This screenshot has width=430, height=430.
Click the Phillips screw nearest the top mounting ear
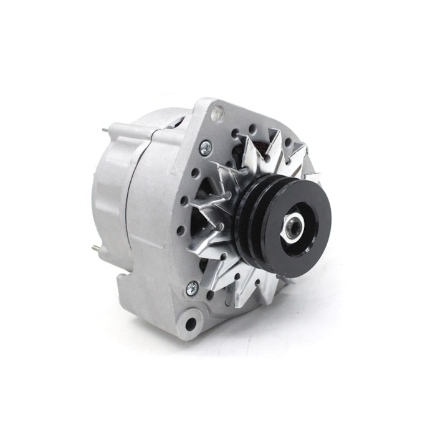(205, 148)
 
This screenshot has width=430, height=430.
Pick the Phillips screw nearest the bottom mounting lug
(192, 288)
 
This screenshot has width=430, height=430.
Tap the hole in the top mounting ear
(216, 113)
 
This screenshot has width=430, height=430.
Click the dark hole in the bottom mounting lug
(190, 323)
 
